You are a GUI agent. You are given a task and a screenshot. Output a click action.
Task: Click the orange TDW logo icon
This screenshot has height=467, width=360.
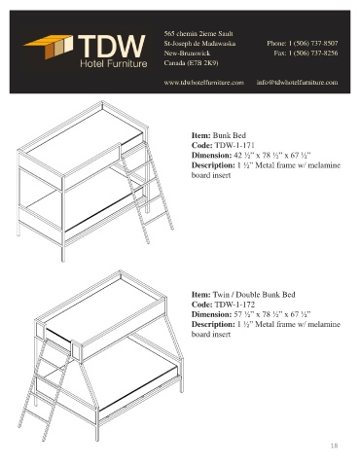(x=49, y=47)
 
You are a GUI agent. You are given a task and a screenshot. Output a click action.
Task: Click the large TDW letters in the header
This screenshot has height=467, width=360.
(x=112, y=47)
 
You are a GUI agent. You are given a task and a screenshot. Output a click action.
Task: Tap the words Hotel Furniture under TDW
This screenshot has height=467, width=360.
(x=114, y=63)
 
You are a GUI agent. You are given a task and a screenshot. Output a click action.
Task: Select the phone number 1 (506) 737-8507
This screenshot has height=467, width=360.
(x=313, y=43)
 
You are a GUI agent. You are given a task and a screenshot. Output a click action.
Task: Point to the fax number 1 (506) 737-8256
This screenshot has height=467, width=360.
(x=313, y=53)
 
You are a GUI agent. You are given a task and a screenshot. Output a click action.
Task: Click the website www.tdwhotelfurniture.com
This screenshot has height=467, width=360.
(x=203, y=83)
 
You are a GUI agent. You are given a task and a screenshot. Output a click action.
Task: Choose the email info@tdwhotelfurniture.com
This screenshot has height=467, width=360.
(x=297, y=83)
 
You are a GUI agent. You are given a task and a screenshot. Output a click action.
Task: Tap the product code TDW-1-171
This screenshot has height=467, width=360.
(x=234, y=145)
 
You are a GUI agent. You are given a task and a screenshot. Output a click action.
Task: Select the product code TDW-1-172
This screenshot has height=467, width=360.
(x=234, y=305)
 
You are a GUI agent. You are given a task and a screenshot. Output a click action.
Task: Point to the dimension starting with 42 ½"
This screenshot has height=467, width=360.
(x=272, y=155)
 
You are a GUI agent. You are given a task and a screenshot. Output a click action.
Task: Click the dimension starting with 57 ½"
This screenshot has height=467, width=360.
(x=272, y=314)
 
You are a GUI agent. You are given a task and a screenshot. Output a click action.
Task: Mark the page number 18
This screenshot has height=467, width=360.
(x=334, y=446)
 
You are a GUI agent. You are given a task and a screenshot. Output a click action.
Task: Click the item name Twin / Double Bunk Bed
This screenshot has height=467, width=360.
(x=254, y=295)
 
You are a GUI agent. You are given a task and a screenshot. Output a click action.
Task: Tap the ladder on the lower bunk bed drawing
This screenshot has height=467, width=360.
(x=46, y=389)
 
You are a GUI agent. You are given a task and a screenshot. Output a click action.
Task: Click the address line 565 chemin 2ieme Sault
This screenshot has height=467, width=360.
(x=198, y=34)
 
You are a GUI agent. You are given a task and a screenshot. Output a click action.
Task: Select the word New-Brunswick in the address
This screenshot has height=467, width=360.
(x=187, y=54)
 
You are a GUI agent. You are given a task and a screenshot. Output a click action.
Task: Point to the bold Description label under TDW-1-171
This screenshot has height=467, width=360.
(x=213, y=165)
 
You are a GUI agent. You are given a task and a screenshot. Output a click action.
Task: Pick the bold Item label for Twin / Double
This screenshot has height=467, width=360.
(x=201, y=295)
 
